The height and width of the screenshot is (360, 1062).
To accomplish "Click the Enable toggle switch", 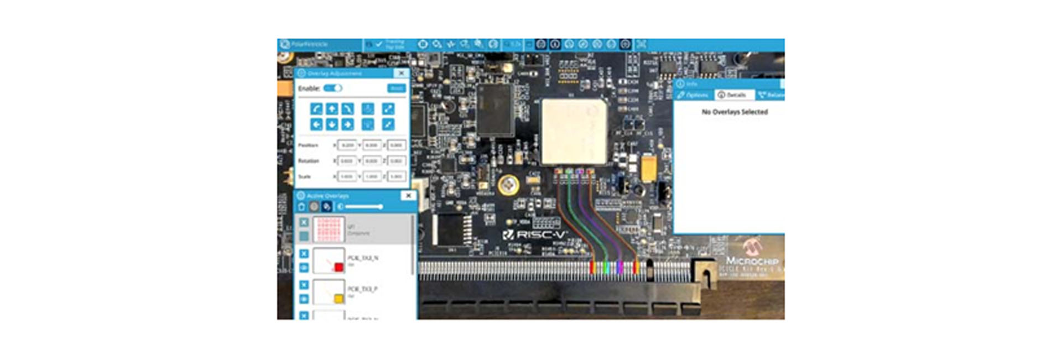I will (333, 88).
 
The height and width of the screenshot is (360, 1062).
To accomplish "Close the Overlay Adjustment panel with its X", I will (402, 73).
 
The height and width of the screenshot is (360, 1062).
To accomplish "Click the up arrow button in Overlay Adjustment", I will (332, 109).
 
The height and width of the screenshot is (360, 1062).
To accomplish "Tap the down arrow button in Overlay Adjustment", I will (332, 124).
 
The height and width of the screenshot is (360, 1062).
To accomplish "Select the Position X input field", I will (347, 145).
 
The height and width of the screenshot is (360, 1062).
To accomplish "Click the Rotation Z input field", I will (396, 161).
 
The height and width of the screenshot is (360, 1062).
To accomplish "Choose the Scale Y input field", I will (372, 176).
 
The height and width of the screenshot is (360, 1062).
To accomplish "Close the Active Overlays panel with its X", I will (408, 196).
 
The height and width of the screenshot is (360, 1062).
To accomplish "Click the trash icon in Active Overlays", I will (301, 207).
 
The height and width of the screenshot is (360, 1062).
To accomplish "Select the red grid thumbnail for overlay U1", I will (329, 229).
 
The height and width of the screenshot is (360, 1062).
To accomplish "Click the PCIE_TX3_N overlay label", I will (363, 258).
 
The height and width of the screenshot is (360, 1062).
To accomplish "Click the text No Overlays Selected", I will (735, 112).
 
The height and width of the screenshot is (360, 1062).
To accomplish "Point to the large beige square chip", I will (574, 132).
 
